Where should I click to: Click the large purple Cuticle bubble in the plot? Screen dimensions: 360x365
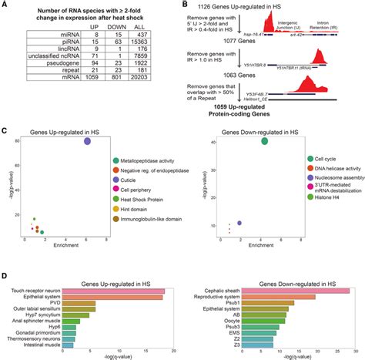[88, 141]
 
